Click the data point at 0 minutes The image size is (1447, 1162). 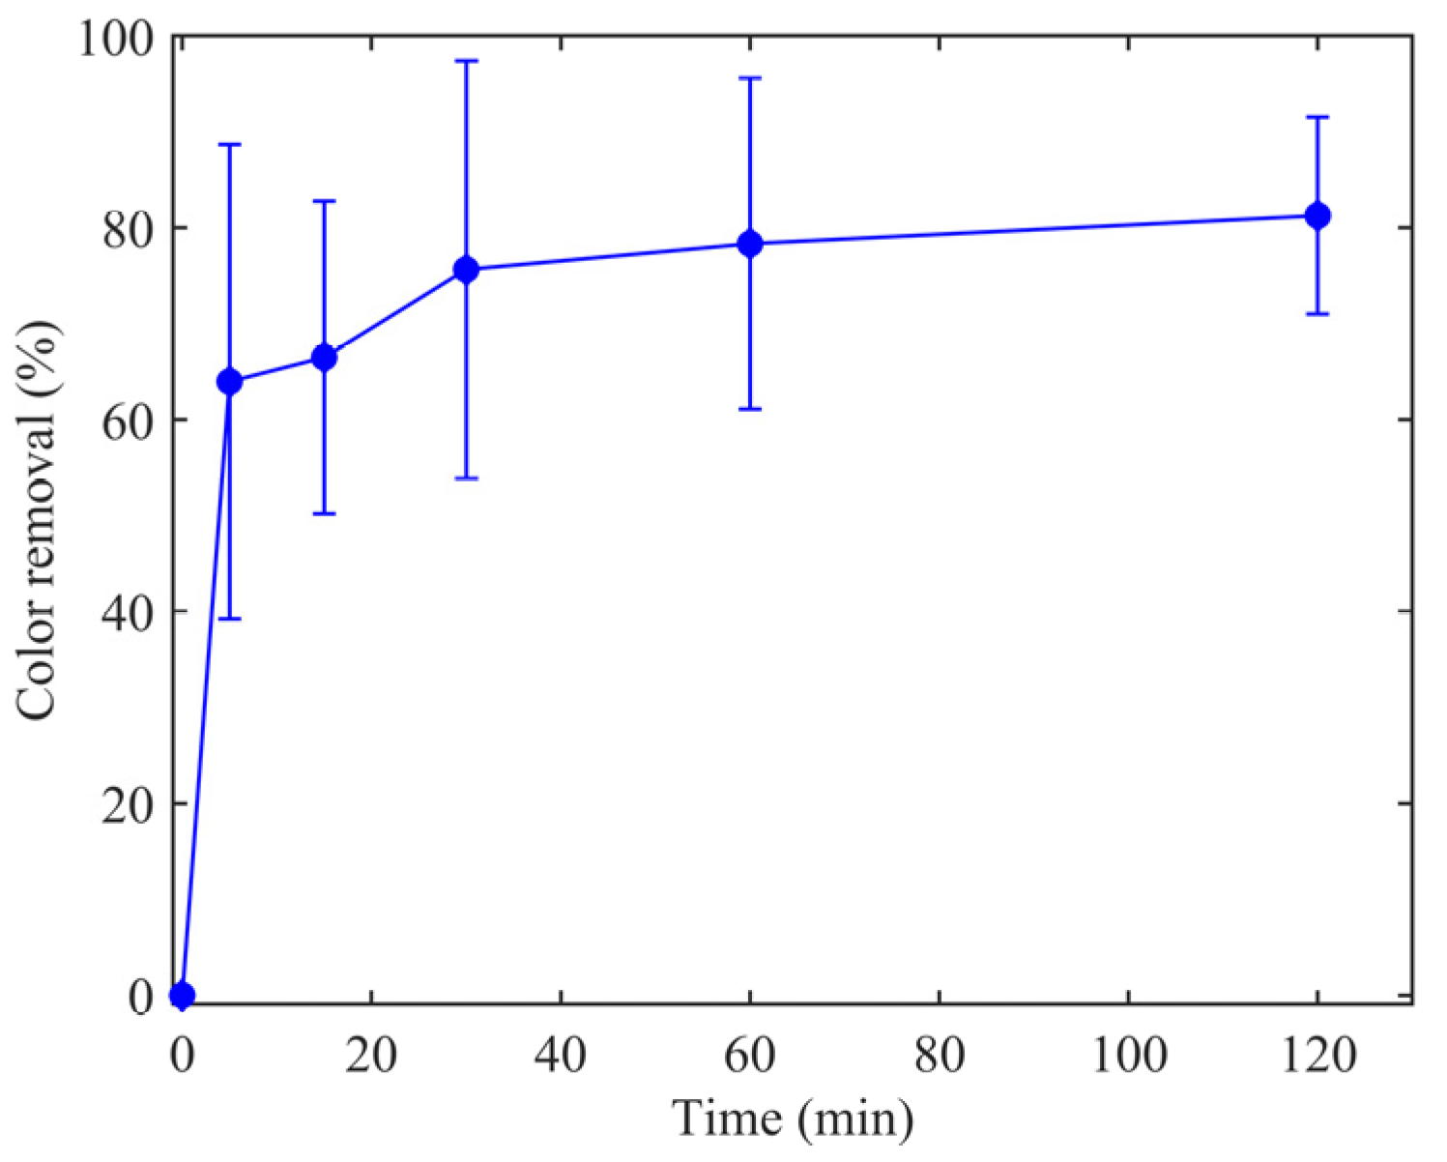tap(182, 995)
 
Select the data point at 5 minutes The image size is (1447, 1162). tap(229, 382)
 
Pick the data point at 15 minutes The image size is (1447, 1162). tap(324, 358)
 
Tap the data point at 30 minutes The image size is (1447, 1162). tap(466, 270)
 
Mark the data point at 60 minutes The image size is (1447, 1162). tap(750, 244)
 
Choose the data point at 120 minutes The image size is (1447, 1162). tap(1317, 216)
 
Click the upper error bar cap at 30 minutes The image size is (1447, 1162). tap(466, 61)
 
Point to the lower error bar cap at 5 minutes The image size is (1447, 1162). tap(229, 619)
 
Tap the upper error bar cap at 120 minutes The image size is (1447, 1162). tap(1317, 117)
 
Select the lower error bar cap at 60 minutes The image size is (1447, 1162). tap(750, 409)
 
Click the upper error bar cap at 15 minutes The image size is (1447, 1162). tap(324, 201)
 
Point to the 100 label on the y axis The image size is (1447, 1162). tap(114, 40)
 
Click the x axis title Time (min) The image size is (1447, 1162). tap(793, 1119)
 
